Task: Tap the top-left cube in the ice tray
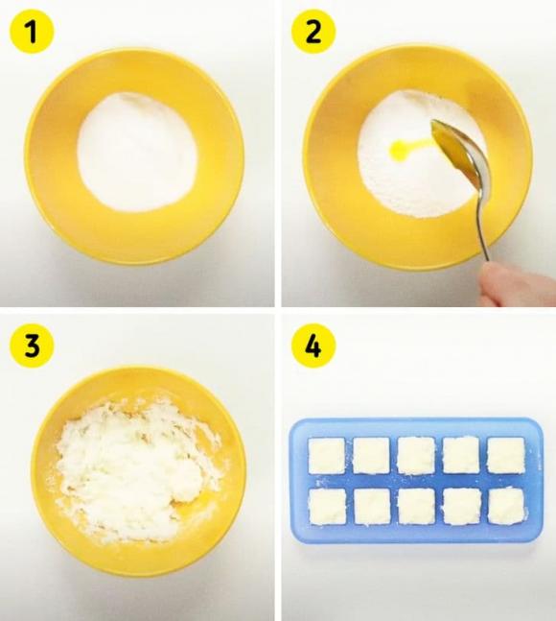[x=326, y=456]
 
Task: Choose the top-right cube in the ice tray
[x=505, y=455]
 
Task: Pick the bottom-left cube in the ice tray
[x=326, y=506]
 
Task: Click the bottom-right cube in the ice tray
[x=505, y=505]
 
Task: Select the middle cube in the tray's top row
[x=416, y=455]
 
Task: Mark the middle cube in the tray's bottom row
[x=416, y=506]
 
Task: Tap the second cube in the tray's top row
[x=371, y=456]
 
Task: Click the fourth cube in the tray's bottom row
[x=461, y=506]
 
